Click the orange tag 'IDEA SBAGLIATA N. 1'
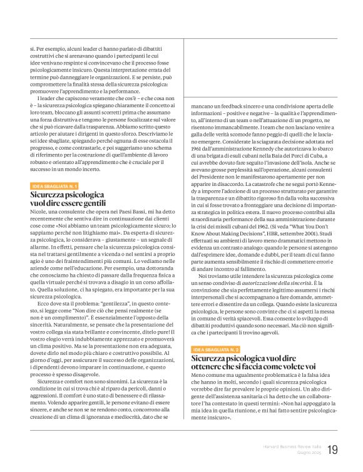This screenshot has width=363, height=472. [x=54, y=186]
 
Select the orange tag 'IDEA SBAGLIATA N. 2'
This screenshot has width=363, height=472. [x=216, y=349]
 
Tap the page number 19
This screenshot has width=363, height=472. [x=332, y=450]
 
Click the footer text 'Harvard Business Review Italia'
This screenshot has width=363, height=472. [x=290, y=447]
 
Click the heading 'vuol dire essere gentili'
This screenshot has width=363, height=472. [x=68, y=203]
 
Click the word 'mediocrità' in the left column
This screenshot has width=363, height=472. [x=136, y=416]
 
